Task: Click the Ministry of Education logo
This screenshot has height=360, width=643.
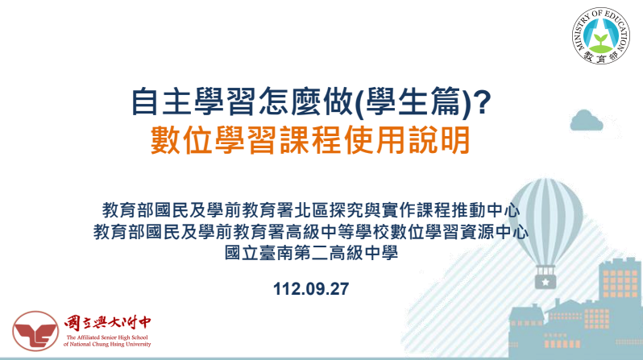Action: (601, 35)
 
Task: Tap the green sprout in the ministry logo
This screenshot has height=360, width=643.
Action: (601, 39)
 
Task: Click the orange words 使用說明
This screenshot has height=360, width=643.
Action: (407, 140)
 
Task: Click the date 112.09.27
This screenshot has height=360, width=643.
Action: (311, 288)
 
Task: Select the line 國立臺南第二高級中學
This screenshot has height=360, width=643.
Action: (311, 252)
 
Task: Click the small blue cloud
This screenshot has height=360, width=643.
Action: (587, 120)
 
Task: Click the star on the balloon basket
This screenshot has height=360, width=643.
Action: (546, 282)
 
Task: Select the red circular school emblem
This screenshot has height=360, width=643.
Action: (35, 331)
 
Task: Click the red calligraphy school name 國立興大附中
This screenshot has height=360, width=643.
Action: (107, 324)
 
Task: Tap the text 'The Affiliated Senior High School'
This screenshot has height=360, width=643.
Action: (107, 337)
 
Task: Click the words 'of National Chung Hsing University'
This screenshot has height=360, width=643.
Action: (107, 344)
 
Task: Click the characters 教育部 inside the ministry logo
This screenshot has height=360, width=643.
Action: (601, 58)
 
